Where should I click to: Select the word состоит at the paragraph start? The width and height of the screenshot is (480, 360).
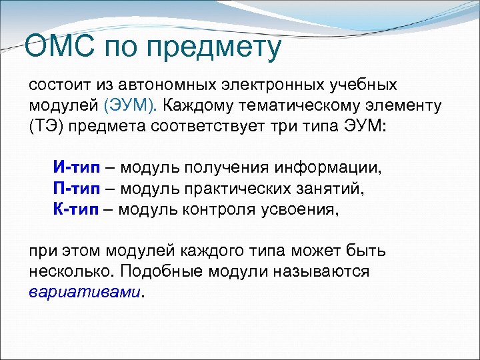(x=58, y=86)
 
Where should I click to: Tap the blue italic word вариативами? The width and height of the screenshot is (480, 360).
(x=86, y=293)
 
